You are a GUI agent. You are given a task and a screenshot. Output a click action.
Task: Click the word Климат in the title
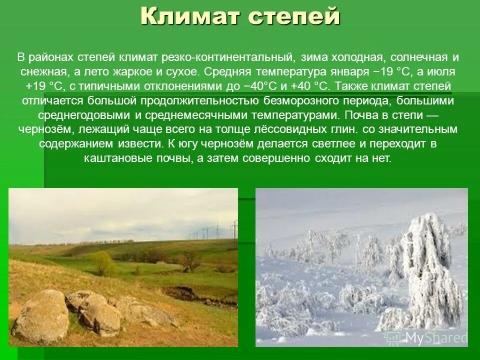coord(190,17)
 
